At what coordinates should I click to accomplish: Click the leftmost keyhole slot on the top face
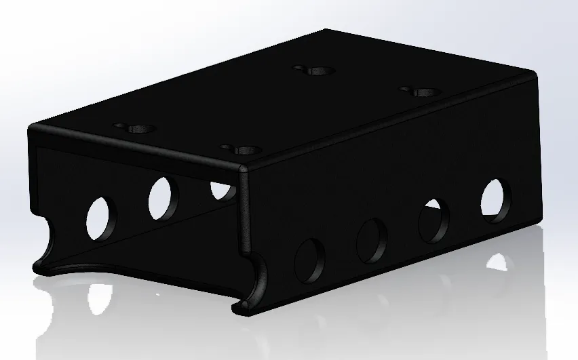pyautogui.click(x=136, y=127)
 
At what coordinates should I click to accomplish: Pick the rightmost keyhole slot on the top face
pyautogui.click(x=421, y=91)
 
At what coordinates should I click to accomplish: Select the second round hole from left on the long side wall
pyautogui.click(x=371, y=241)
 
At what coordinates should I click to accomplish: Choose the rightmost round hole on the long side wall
pyautogui.click(x=497, y=200)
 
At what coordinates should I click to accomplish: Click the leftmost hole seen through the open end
pyautogui.click(x=101, y=218)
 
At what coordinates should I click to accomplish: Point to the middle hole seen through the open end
pyautogui.click(x=162, y=198)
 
